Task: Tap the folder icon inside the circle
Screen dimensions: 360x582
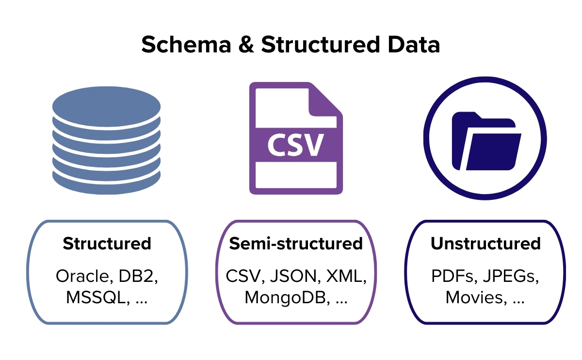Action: tap(485, 141)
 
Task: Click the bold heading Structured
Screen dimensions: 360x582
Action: tap(107, 243)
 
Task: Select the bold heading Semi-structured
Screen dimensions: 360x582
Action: tap(296, 243)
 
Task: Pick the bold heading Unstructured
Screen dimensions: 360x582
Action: tap(485, 243)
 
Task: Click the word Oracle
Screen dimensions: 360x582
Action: tap(82, 276)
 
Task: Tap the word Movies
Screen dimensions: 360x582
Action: tap(473, 297)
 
